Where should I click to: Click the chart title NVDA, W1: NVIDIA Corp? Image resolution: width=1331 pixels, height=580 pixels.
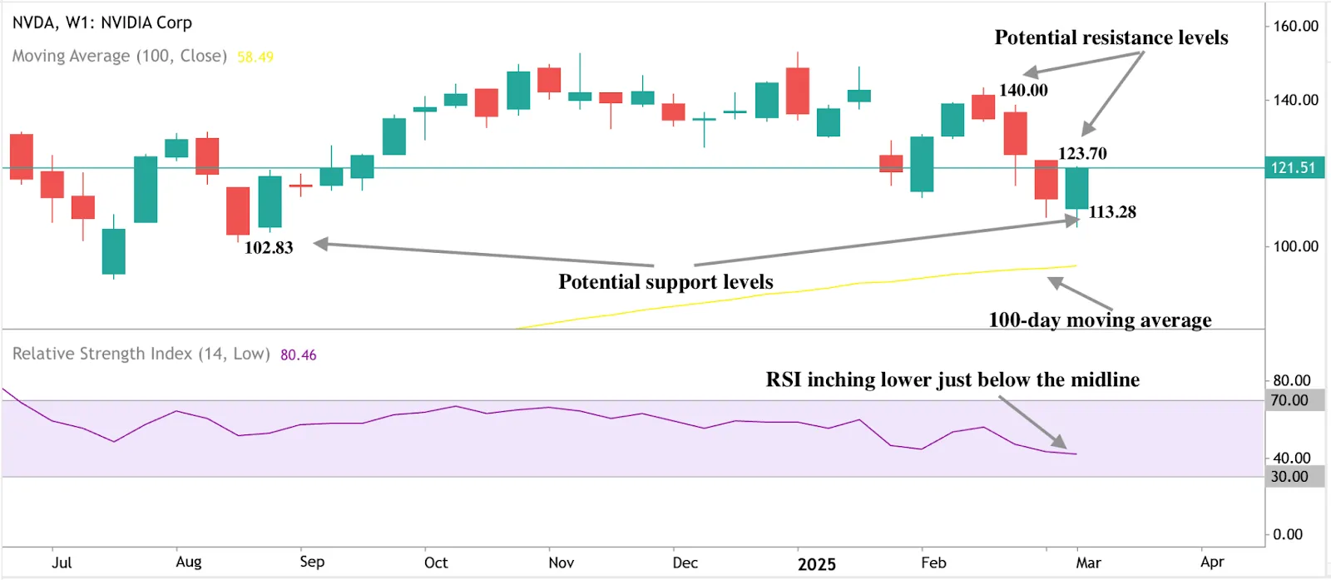click(101, 22)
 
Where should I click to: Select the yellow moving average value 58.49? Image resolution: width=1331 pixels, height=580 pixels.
click(255, 57)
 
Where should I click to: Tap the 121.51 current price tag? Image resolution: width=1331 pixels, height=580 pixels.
click(1293, 168)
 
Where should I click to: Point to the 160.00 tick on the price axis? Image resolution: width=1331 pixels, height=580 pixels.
click(1295, 26)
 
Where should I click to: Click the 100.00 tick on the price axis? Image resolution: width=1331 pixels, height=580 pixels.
click(1295, 246)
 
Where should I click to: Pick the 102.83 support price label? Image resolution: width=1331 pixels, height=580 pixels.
click(268, 247)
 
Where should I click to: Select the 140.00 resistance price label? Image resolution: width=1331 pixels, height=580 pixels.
click(1022, 90)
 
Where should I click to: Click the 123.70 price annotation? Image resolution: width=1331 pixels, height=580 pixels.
click(1081, 153)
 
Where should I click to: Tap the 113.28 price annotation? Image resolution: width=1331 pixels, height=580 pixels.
click(1111, 211)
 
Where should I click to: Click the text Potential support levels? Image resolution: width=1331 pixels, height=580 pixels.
click(665, 281)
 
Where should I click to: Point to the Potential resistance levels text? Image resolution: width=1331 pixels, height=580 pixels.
click(1111, 37)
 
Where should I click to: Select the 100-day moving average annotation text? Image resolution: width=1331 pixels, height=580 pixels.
click(1099, 320)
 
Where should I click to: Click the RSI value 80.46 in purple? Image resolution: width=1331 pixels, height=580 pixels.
click(298, 354)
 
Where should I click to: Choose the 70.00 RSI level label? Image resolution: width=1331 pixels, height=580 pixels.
click(1289, 400)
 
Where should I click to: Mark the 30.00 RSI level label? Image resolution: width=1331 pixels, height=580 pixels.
click(1289, 477)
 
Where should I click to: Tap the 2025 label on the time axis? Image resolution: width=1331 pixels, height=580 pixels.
click(816, 564)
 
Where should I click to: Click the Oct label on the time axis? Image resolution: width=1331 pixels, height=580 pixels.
click(435, 563)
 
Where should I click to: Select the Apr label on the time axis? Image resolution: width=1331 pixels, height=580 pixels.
click(1211, 563)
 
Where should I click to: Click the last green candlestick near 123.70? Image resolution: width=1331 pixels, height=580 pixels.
click(1076, 188)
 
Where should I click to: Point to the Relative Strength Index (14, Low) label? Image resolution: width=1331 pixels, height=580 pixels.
click(141, 354)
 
